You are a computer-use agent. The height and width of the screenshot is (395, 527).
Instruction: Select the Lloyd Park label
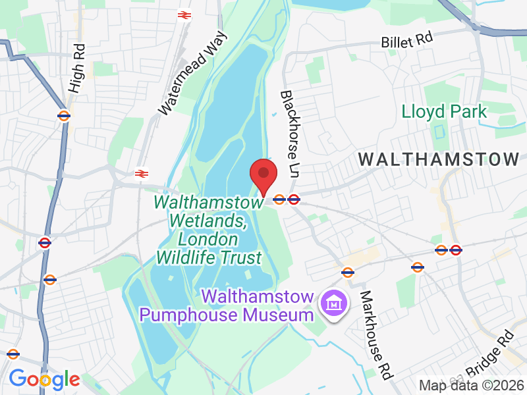click(x=445, y=111)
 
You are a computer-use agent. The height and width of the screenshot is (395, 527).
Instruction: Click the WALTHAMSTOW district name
click(x=439, y=159)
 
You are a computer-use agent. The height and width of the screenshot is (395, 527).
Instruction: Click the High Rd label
click(x=76, y=68)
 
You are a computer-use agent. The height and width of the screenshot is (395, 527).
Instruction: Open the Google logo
click(x=44, y=379)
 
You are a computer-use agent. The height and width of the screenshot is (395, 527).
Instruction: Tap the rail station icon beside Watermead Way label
click(x=184, y=14)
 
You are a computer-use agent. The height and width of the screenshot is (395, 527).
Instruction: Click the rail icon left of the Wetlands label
click(x=141, y=174)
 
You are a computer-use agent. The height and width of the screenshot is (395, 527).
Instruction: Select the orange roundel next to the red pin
click(x=279, y=199)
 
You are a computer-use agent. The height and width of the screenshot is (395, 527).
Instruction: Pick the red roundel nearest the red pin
click(x=294, y=199)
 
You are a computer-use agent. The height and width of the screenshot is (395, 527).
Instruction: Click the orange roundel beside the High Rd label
click(x=64, y=116)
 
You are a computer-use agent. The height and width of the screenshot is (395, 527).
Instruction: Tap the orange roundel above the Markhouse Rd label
click(x=347, y=272)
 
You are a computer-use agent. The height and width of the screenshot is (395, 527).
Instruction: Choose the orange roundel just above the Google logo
click(x=13, y=354)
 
